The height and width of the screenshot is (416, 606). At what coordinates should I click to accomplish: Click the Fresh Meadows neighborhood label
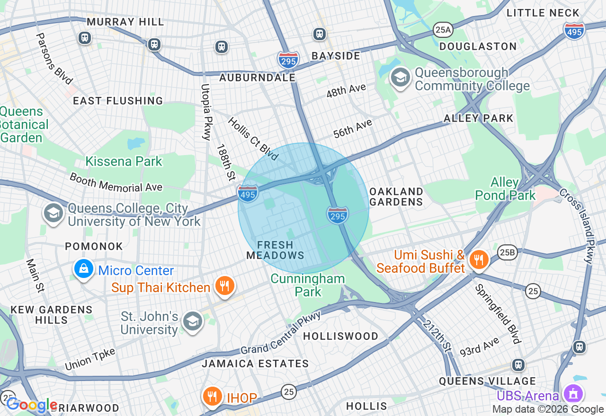275,250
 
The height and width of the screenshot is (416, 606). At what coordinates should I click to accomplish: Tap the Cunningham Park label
308,285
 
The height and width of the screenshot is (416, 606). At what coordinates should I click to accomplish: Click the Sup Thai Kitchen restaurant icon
225,286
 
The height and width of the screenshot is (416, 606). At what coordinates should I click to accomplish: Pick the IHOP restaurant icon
213,397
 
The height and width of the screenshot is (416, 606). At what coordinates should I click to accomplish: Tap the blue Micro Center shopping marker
84,269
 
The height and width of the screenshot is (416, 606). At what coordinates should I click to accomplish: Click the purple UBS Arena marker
573,394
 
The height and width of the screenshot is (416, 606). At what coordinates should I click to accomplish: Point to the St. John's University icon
192,322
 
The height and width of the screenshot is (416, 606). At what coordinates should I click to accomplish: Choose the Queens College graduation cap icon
53,214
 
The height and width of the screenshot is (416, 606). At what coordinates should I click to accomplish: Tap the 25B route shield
507,253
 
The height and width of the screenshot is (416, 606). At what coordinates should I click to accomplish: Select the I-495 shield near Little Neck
574,31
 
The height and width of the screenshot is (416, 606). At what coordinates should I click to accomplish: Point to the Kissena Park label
124,161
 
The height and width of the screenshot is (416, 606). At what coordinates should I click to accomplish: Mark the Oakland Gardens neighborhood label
396,197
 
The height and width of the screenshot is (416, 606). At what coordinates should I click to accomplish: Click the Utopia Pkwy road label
206,112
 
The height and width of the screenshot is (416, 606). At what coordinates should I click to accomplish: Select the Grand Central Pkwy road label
281,332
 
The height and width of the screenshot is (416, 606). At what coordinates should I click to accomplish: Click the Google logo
31,405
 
